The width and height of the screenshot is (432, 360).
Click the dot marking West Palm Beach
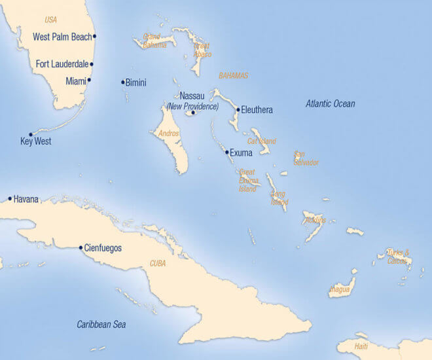95,37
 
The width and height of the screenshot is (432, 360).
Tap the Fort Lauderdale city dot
92,64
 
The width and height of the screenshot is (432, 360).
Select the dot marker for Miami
89,81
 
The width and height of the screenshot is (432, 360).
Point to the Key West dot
30,134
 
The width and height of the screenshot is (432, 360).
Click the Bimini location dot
122,82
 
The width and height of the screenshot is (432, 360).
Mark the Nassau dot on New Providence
193,113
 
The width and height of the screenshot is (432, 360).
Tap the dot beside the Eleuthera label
238,110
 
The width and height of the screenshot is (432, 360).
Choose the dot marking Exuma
227,153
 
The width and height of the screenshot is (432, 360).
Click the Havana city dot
10,198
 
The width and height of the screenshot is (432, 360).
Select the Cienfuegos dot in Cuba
81,247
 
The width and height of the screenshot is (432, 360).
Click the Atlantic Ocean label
331,103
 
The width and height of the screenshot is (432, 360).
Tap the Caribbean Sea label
101,324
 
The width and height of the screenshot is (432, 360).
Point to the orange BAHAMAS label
234,76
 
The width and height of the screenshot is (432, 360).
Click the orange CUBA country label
158,263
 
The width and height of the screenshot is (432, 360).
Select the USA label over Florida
50,20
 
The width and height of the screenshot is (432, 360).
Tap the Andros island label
169,134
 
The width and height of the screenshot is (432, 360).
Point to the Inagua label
340,289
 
